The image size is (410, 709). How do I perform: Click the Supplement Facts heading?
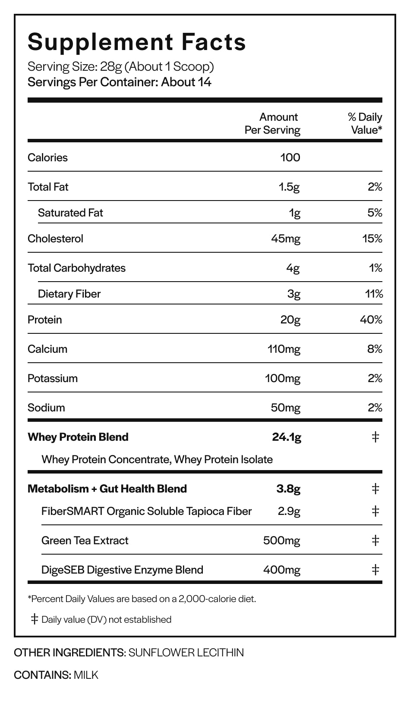(x=136, y=42)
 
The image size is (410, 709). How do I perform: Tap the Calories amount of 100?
(x=290, y=157)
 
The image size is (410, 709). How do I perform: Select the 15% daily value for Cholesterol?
(x=372, y=238)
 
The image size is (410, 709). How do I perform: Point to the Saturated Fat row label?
(x=70, y=213)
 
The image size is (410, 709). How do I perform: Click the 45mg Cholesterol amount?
(x=285, y=239)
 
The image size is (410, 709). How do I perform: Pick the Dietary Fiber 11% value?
(x=374, y=294)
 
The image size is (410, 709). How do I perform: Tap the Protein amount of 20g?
(x=290, y=320)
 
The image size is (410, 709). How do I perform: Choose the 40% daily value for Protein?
(x=371, y=320)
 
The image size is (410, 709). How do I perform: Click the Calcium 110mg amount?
(x=284, y=349)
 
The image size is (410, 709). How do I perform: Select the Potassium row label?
(x=53, y=378)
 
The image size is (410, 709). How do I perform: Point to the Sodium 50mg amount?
(x=285, y=408)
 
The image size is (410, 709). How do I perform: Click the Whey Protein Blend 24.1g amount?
(x=287, y=437)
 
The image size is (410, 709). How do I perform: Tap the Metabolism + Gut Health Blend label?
(x=107, y=489)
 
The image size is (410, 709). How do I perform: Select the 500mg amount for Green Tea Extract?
(x=282, y=541)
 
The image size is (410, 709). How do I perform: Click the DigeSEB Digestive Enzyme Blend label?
(x=122, y=570)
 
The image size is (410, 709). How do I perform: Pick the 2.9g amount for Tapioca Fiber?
(x=289, y=511)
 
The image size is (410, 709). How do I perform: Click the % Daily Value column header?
(x=365, y=123)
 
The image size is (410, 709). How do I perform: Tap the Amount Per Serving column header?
(x=272, y=123)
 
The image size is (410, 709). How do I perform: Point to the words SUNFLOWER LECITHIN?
(x=186, y=653)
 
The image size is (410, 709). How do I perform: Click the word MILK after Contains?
(x=86, y=675)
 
